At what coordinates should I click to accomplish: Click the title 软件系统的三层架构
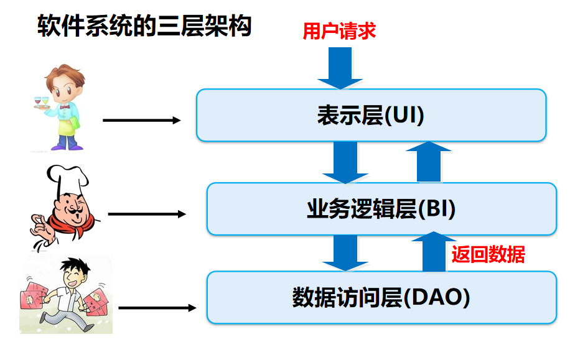(x=144, y=25)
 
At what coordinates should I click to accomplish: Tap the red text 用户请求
(x=339, y=31)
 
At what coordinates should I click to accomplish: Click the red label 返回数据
(x=488, y=254)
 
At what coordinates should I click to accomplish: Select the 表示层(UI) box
(x=371, y=115)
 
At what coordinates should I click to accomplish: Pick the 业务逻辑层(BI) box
(x=381, y=209)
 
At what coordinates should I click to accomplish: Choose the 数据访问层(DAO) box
(x=381, y=298)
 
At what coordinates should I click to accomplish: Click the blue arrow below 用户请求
(x=340, y=68)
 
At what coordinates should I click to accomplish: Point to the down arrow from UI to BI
(x=345, y=162)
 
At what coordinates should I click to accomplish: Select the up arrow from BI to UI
(x=429, y=162)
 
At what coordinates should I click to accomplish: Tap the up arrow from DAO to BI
(x=434, y=251)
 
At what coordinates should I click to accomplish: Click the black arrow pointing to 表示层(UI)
(x=142, y=120)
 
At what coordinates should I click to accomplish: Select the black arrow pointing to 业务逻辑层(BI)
(x=147, y=214)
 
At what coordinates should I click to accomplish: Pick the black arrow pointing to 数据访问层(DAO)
(x=157, y=308)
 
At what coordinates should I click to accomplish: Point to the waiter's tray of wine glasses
(x=41, y=102)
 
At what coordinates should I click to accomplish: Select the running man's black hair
(x=75, y=267)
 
